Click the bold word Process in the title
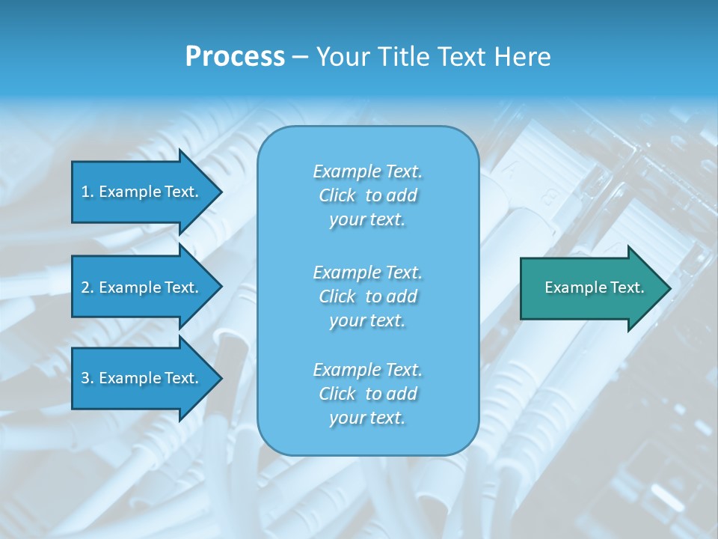(x=235, y=57)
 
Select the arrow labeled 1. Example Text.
(x=142, y=192)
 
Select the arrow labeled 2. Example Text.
(x=142, y=287)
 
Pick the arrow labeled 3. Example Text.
(x=142, y=378)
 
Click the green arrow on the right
(x=591, y=287)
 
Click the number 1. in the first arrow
(x=87, y=192)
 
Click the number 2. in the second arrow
(x=87, y=287)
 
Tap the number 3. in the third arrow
(x=87, y=378)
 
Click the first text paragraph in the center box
(x=367, y=195)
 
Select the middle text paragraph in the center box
(x=367, y=296)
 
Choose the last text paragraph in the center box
(x=367, y=394)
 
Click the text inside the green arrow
(x=594, y=287)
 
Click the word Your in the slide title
(x=340, y=57)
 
